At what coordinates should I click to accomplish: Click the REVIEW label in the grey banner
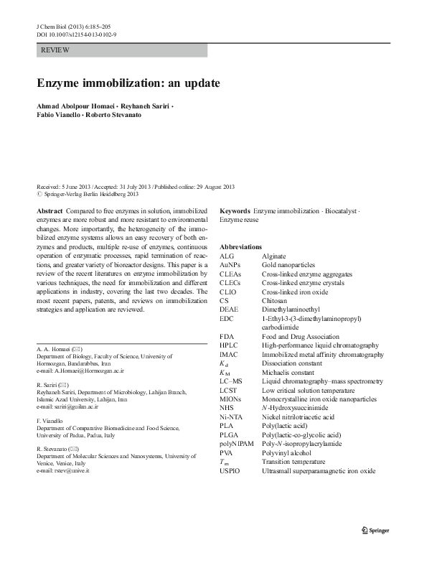(x=55, y=50)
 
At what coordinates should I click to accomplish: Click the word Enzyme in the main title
(x=60, y=83)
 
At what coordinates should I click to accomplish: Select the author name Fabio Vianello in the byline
(x=60, y=115)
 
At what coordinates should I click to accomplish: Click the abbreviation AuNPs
(x=230, y=265)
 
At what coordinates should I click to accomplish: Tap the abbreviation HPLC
(x=230, y=345)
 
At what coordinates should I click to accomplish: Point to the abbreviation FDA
(x=227, y=335)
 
